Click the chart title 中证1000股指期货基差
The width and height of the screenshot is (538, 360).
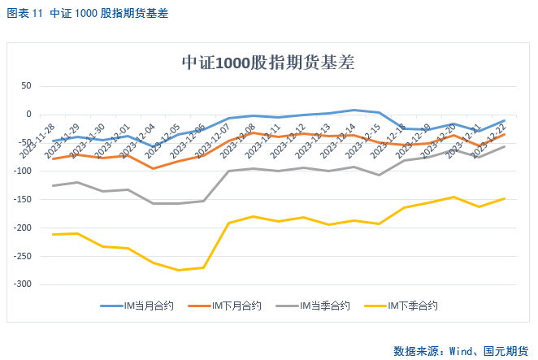(x=267, y=63)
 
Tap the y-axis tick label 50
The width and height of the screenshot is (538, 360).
(x=25, y=85)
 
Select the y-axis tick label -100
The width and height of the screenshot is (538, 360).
(x=20, y=171)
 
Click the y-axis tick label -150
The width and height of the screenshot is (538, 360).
(x=20, y=199)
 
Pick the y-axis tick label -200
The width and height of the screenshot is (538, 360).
(x=20, y=228)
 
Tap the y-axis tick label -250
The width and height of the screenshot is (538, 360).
(x=20, y=256)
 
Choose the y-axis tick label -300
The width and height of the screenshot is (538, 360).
(x=20, y=284)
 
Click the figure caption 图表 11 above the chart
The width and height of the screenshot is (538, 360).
(x=24, y=14)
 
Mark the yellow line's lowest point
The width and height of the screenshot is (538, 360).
(x=179, y=270)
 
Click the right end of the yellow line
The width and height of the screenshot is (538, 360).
(x=505, y=198)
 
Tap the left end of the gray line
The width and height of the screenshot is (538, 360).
(x=54, y=186)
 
